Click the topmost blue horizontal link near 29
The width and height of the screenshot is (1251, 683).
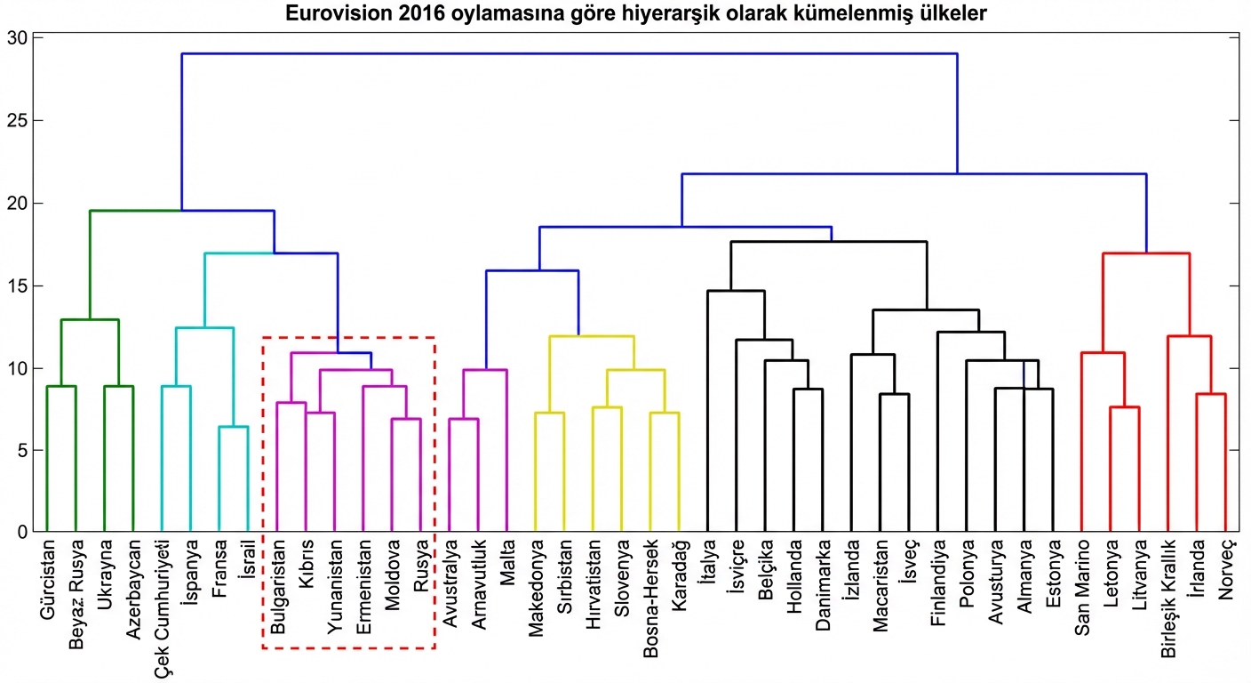(x=569, y=53)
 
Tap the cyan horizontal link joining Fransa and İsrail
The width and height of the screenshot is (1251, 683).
(x=233, y=427)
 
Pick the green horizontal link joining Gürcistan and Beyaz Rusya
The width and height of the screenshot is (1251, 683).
(x=61, y=386)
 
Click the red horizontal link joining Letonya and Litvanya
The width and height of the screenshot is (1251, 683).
(x=1124, y=407)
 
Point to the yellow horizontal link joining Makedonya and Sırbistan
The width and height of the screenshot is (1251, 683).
(x=549, y=413)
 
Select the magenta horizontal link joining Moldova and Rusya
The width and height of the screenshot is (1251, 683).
(x=406, y=419)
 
